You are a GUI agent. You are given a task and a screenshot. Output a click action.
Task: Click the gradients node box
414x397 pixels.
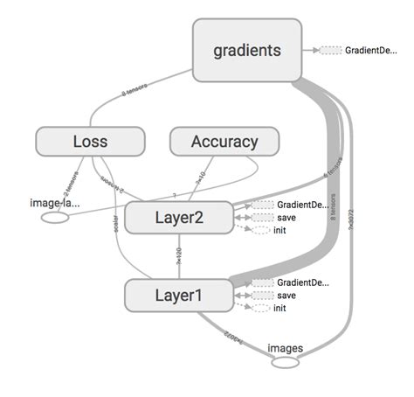tap(247, 51)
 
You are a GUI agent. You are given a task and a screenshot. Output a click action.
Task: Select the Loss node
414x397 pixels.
tap(89, 141)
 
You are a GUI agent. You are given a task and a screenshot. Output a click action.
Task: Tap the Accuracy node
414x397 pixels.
tap(224, 141)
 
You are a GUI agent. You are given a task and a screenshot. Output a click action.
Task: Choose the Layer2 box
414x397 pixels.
tap(179, 218)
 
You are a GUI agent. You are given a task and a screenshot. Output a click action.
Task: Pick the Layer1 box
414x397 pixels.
tap(179, 296)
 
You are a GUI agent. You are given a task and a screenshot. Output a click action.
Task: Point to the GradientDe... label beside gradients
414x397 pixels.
tap(374, 51)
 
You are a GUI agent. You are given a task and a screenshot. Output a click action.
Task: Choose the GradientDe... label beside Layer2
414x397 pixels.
tap(302, 205)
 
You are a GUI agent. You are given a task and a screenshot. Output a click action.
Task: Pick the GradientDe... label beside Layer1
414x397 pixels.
tap(302, 283)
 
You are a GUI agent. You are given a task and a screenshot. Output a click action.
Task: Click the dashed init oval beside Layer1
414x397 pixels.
tap(261, 308)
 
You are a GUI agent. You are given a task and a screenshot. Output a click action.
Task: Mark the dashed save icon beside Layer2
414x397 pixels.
tap(261, 218)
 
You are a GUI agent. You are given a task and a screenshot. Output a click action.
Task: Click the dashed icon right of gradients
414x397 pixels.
tap(329, 51)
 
